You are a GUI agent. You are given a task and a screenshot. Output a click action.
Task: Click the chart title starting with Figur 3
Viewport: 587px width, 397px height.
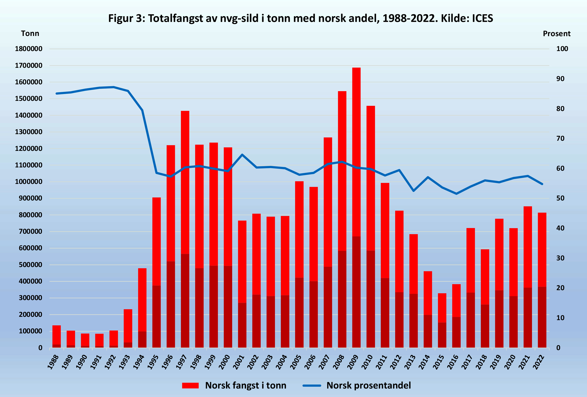pyautogui.click(x=301, y=18)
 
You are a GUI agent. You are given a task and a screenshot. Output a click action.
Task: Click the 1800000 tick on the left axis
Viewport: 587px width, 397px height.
pyautogui.click(x=29, y=49)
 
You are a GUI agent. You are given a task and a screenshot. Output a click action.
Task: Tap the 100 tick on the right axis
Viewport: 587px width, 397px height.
pyautogui.click(x=562, y=49)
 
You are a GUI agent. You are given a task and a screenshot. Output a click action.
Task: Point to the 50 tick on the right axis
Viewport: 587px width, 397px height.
pyautogui.click(x=560, y=198)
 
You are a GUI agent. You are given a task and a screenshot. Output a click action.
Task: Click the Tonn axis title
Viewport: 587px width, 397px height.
pyautogui.click(x=30, y=33)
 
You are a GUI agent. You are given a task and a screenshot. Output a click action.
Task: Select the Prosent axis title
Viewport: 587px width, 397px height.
pyautogui.click(x=556, y=34)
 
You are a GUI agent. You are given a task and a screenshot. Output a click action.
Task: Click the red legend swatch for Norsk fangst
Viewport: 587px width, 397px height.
pyautogui.click(x=190, y=386)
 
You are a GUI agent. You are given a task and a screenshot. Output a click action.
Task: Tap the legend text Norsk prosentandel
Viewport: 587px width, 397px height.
pyautogui.click(x=369, y=386)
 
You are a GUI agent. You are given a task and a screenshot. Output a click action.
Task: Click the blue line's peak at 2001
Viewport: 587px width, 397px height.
pyautogui.click(x=242, y=154)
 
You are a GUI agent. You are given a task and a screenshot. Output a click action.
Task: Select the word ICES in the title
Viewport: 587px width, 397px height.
pyautogui.click(x=482, y=18)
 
